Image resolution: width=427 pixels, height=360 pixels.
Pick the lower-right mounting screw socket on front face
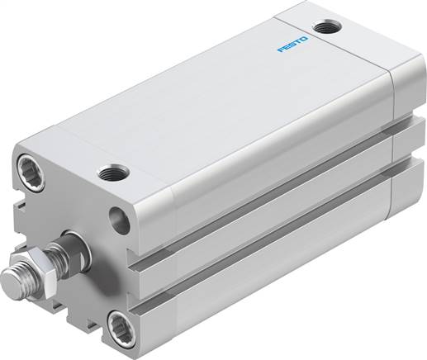coord(122,324)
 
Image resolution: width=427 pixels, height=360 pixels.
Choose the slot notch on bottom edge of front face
coord(78,318)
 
